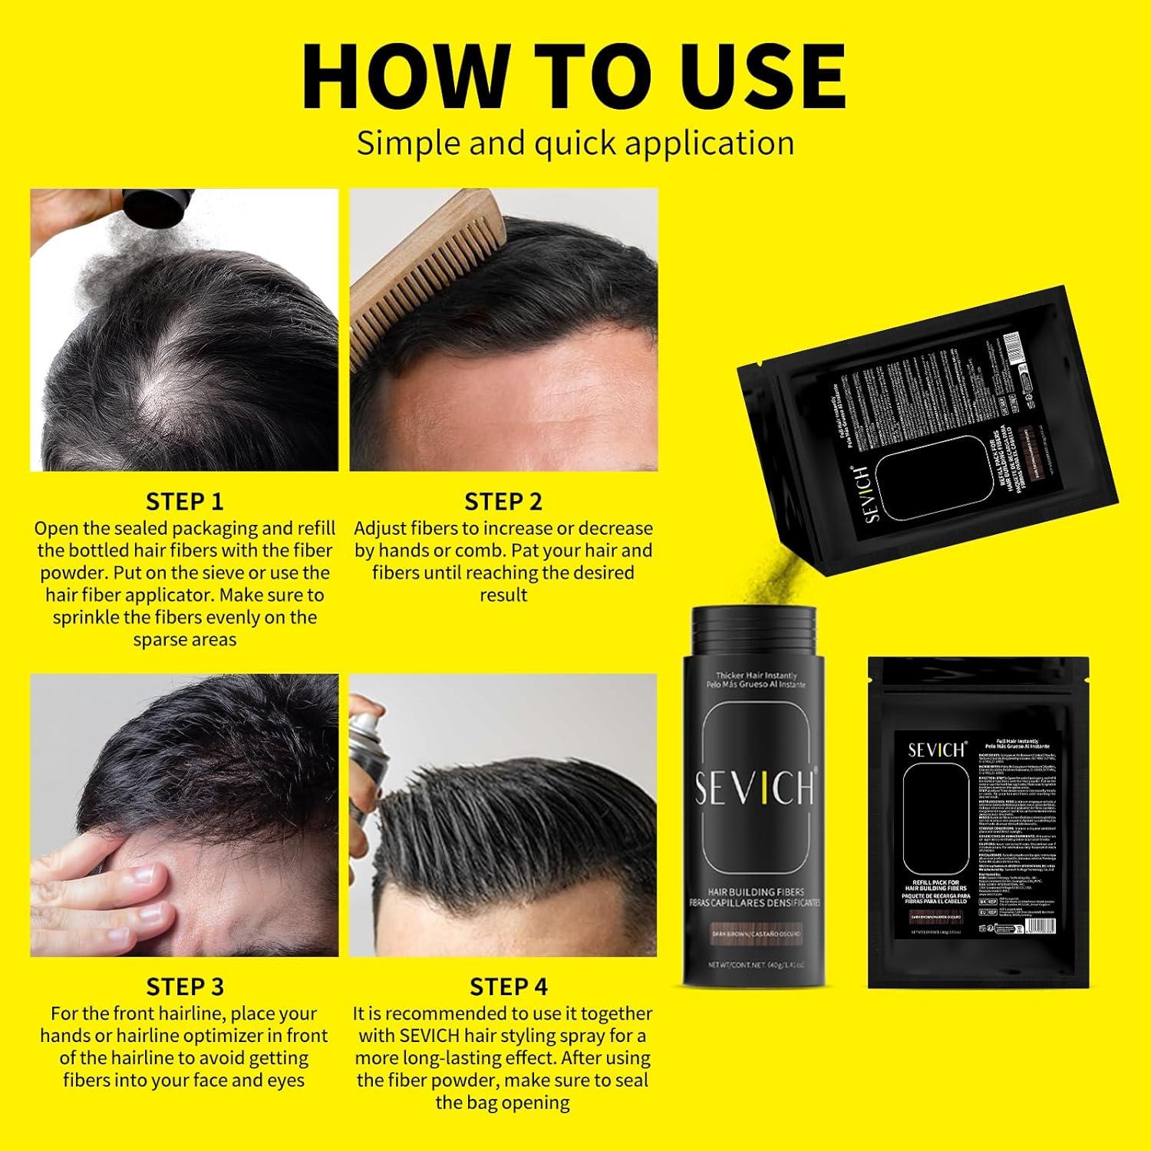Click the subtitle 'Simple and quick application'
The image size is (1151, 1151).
[575, 143]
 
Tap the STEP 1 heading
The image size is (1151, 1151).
[184, 502]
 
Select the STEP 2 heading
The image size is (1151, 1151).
[503, 502]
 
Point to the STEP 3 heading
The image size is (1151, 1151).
[185, 987]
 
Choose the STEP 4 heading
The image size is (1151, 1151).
[508, 987]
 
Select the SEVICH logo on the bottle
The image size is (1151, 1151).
[754, 788]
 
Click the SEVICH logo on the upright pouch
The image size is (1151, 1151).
[936, 749]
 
